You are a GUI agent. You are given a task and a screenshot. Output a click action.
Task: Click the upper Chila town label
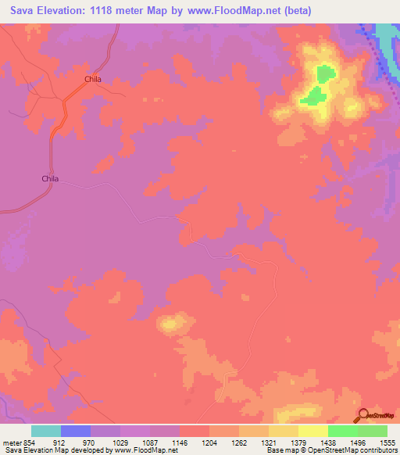(94, 79)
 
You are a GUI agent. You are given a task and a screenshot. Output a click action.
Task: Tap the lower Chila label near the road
(50, 178)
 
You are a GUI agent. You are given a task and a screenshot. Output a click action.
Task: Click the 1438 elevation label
(328, 442)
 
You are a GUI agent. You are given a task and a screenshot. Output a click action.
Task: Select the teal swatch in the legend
(45, 431)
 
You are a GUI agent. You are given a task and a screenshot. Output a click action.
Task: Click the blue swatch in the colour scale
(75, 431)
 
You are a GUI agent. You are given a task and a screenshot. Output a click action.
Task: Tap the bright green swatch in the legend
(342, 431)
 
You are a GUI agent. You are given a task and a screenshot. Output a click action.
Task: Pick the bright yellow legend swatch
(312, 431)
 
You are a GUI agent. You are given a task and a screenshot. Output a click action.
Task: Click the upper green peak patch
(323, 76)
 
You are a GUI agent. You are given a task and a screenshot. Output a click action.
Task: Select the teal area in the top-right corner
(385, 34)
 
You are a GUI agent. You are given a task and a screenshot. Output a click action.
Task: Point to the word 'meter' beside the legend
(12, 442)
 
